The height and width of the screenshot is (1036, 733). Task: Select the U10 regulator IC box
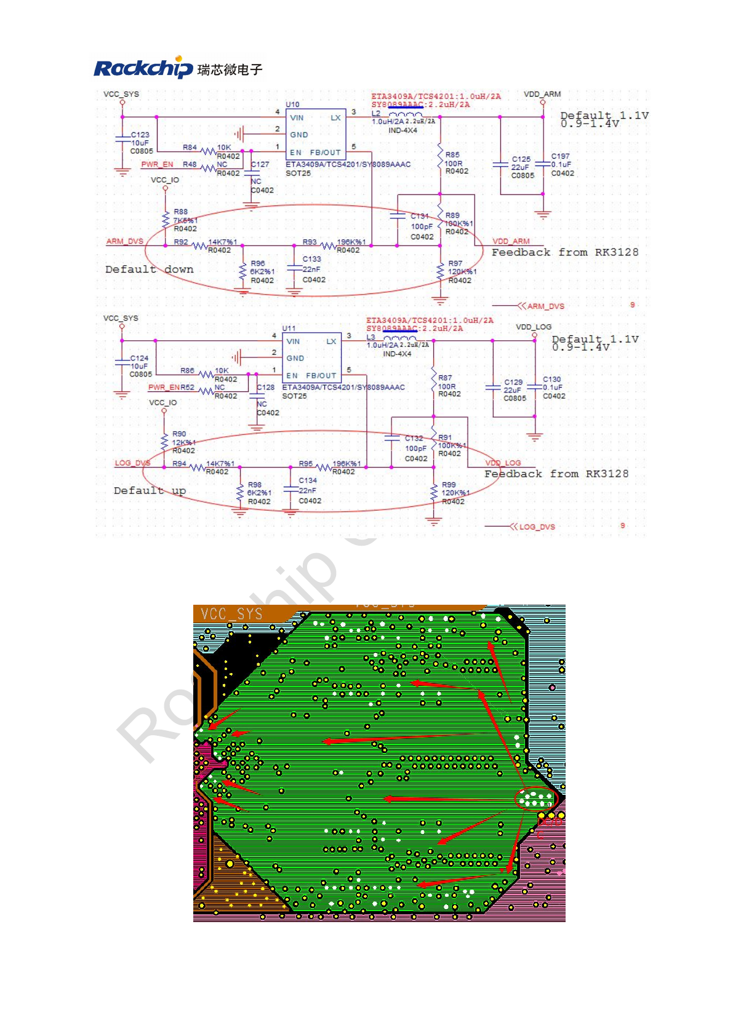coord(316,134)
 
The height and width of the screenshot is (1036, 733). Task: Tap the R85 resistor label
coord(452,155)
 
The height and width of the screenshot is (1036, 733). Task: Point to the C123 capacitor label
coord(140,135)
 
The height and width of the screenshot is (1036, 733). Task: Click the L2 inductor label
coord(376,114)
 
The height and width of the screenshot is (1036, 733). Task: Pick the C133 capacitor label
coord(311,260)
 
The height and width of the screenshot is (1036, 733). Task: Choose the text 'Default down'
coord(149,269)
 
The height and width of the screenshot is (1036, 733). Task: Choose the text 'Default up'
coord(150,491)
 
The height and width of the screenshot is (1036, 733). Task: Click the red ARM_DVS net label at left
coord(125,242)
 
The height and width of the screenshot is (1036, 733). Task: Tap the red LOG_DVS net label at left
coord(132,463)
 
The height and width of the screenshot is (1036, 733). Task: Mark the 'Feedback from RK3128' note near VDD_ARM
coord(565,252)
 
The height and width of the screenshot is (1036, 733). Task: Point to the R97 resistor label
coord(455,263)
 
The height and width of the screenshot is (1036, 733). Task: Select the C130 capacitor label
coord(551,380)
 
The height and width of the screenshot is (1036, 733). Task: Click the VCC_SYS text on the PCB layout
coord(231,614)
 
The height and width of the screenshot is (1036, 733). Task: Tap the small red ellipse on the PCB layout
coord(536,799)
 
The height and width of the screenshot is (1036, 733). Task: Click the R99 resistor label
coord(449,485)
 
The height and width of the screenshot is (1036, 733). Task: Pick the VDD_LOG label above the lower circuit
coord(534,327)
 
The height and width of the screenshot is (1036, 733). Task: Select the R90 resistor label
coord(179,434)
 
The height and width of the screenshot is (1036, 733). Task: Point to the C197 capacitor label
coord(560,156)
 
